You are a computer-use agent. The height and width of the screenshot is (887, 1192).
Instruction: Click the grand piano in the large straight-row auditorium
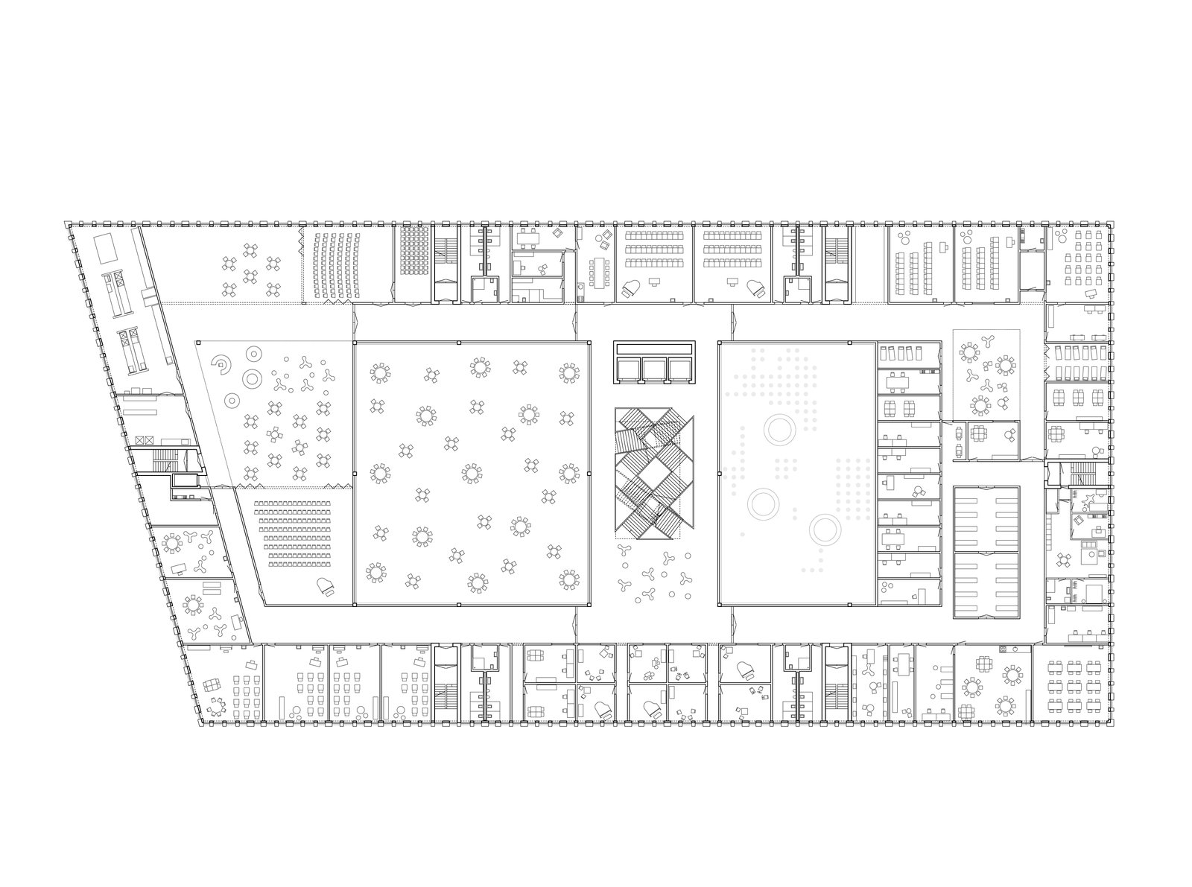pos(326,585)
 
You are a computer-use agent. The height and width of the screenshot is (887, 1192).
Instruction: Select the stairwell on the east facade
pos(1080,473)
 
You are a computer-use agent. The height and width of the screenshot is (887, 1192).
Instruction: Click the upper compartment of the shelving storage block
pos(986,518)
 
